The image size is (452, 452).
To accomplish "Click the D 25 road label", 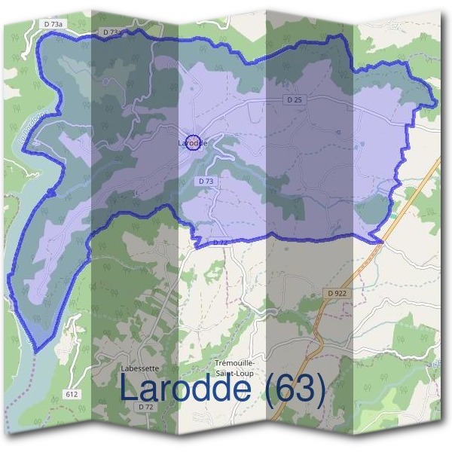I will click(294, 99).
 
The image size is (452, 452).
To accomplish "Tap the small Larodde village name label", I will click(192, 142).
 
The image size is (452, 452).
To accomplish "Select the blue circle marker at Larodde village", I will click(193, 142).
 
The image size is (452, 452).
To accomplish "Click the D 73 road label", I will click(206, 182).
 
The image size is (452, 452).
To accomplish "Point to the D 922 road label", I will click(337, 292).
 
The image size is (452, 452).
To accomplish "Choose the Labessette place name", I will click(139, 368).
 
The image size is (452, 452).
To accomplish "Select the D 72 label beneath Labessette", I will click(146, 406).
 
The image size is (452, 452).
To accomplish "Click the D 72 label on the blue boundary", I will click(220, 242).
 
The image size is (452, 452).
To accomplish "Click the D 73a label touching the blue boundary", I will click(110, 32).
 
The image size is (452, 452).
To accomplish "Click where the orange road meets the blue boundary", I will click(381, 241).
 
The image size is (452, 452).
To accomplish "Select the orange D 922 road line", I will click(331, 316).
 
